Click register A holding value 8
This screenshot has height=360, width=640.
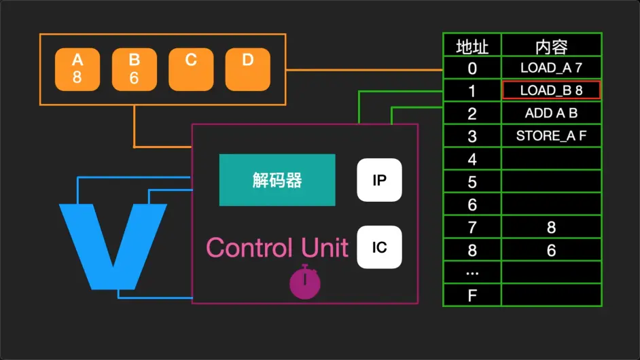[x=77, y=69]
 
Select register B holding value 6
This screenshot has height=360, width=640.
[x=134, y=69]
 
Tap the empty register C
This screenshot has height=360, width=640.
[x=191, y=69]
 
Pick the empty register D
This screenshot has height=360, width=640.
[x=247, y=69]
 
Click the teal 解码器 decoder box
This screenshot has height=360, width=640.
[x=277, y=180]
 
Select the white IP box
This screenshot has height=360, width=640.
[x=380, y=180]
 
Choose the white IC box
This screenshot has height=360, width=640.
[x=380, y=247]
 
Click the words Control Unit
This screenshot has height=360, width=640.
[x=277, y=248]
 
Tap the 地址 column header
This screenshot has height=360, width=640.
[x=472, y=46]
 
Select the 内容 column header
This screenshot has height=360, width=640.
[x=551, y=46]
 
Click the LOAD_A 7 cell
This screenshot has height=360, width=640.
[x=551, y=68]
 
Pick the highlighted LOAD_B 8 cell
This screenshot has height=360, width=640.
[x=551, y=90]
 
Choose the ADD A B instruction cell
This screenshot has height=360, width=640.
[x=551, y=113]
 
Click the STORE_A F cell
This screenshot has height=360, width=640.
[x=551, y=136]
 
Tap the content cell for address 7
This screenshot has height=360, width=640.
[x=551, y=228]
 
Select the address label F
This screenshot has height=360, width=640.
[x=472, y=295]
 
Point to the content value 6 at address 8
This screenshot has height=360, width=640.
[x=551, y=250]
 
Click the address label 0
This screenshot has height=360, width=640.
[x=472, y=68]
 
